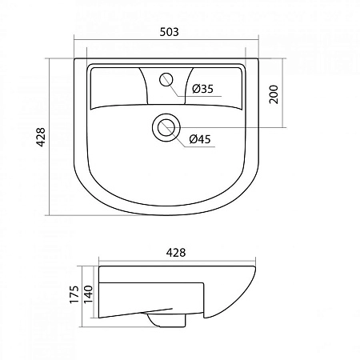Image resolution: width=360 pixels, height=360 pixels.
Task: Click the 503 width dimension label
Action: [x=167, y=32]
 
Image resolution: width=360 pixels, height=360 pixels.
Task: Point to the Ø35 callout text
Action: [x=202, y=90]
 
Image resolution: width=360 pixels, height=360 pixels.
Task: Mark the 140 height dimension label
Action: [x=90, y=296]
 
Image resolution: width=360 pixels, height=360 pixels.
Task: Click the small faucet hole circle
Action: [x=167, y=78]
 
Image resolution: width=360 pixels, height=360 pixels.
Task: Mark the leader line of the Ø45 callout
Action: [x=180, y=137]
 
